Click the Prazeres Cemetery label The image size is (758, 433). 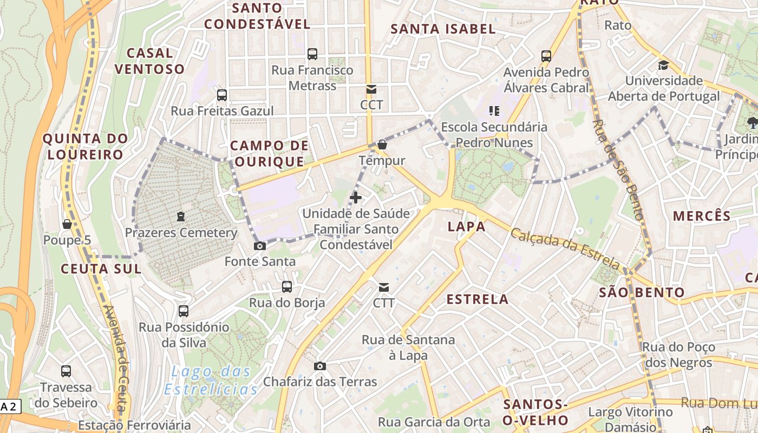(x=181, y=233)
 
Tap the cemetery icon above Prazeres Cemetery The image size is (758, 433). (x=180, y=217)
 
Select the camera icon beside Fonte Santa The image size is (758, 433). (x=260, y=246)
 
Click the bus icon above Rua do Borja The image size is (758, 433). (x=287, y=287)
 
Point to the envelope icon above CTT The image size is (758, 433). (x=384, y=287)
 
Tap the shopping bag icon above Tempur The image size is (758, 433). (x=382, y=145)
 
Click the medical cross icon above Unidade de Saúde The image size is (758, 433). (x=356, y=198)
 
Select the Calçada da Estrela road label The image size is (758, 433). (x=565, y=250)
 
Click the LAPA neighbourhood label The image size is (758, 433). (x=467, y=227)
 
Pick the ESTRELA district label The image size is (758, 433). (x=478, y=299)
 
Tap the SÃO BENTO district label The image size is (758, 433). (x=642, y=293)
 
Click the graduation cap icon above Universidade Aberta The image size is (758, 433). (x=663, y=65)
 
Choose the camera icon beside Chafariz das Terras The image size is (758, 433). (x=320, y=366)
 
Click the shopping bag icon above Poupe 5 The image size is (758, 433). (x=67, y=224)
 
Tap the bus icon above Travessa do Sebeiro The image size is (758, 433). (x=66, y=371)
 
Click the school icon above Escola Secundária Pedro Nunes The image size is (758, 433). (x=494, y=111)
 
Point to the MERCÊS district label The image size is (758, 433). (x=702, y=215)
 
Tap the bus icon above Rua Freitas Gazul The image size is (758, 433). (x=222, y=95)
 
